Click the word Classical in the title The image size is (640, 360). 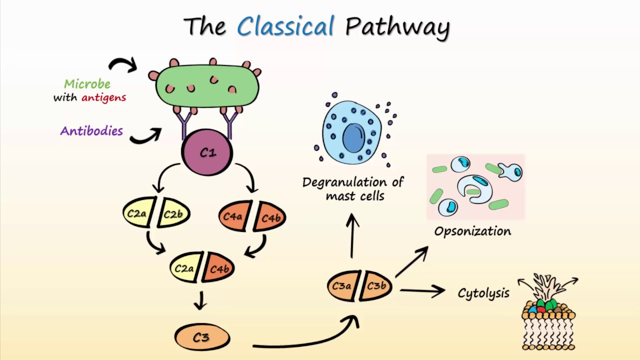pyautogui.click(x=285, y=26)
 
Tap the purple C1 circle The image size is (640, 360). pyautogui.click(x=207, y=152)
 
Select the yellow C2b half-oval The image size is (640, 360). pyautogui.click(x=174, y=214)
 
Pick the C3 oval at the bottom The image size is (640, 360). pyautogui.click(x=202, y=337)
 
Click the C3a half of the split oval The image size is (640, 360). pyautogui.click(x=342, y=286)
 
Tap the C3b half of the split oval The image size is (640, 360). pyautogui.click(x=376, y=286)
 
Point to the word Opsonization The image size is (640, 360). pyautogui.click(x=472, y=231)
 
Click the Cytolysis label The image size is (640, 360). pyautogui.click(x=483, y=293)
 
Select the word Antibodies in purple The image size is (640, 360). pyautogui.click(x=91, y=131)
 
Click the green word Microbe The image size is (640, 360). pyautogui.click(x=87, y=84)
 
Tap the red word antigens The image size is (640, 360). pyautogui.click(x=103, y=97)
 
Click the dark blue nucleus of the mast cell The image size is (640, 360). pyautogui.click(x=353, y=137)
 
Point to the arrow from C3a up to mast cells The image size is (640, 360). pyautogui.click(x=352, y=235)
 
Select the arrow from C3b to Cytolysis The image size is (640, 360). pyautogui.click(x=422, y=290)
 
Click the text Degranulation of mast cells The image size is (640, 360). pyautogui.click(x=353, y=189)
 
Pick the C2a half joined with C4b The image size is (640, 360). pyautogui.click(x=185, y=268)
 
